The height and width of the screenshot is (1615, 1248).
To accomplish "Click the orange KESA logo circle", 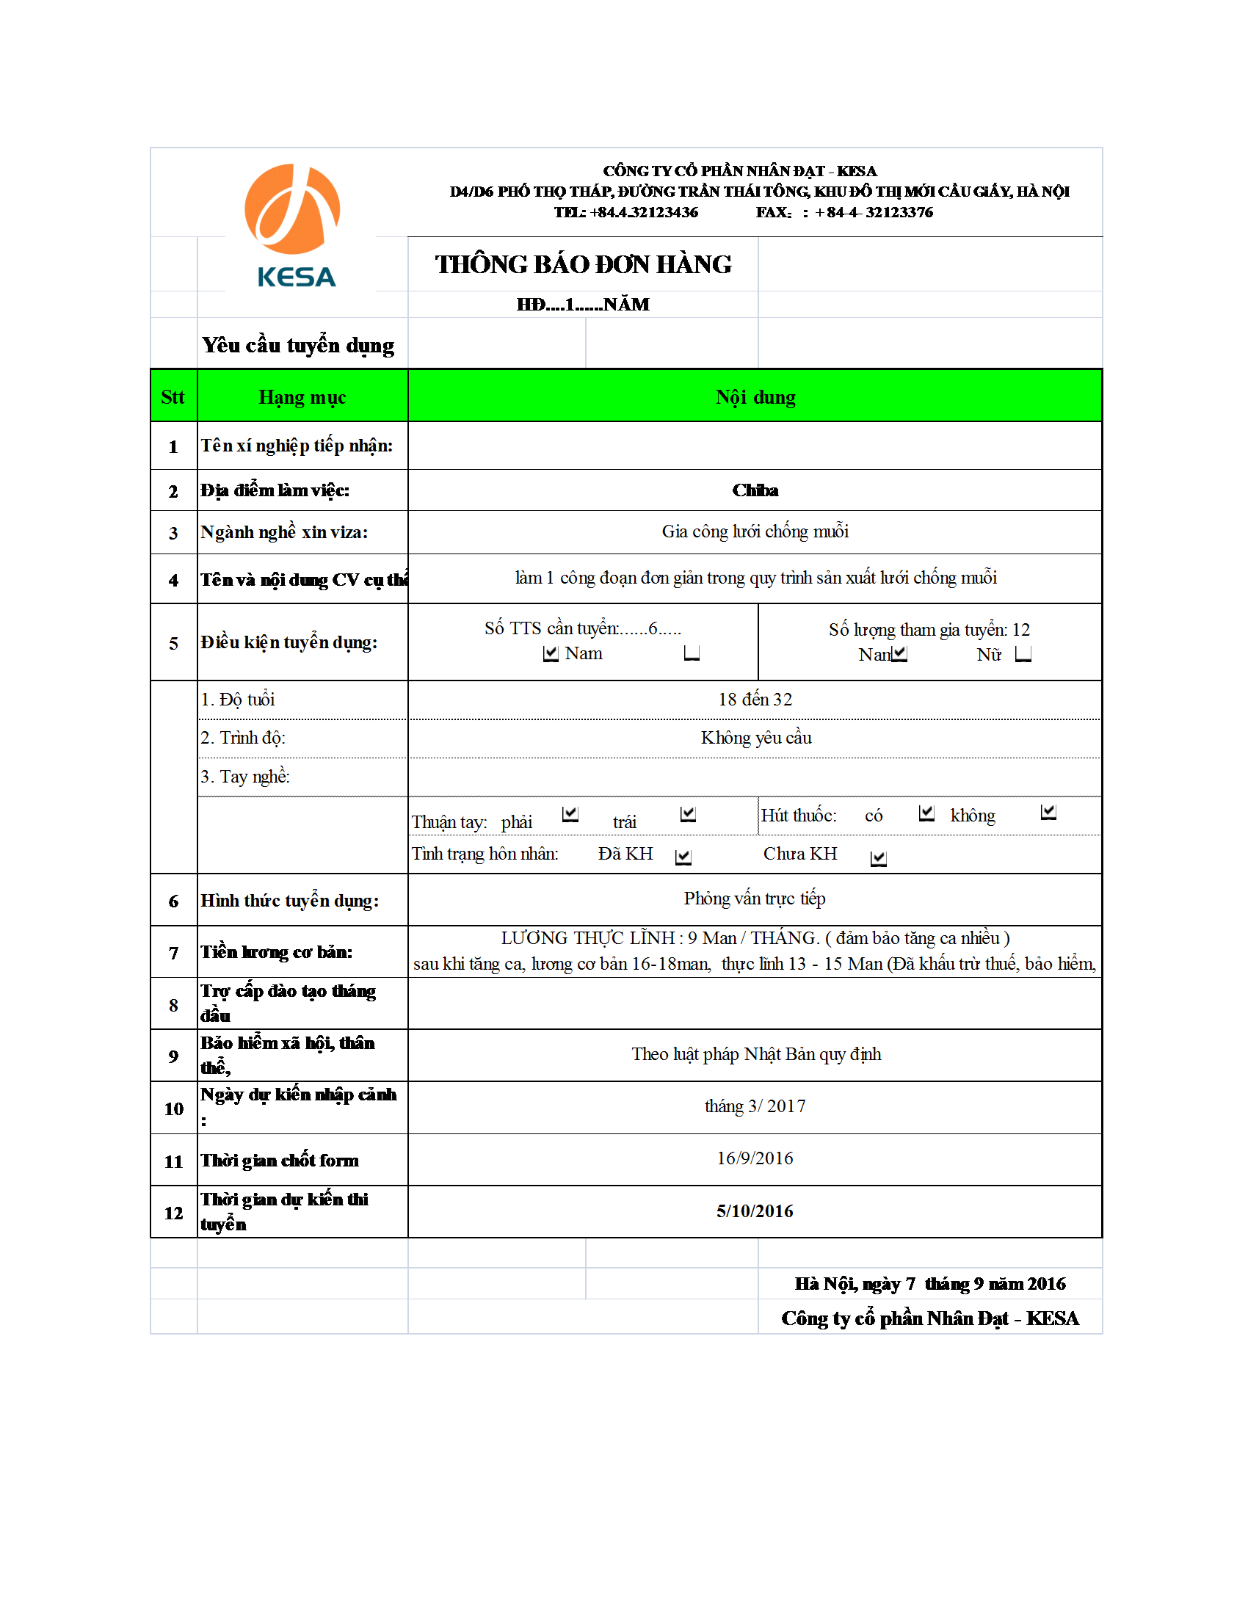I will pyautogui.click(x=292, y=208).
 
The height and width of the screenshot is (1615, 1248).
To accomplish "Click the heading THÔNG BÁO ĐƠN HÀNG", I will pyautogui.click(x=583, y=265).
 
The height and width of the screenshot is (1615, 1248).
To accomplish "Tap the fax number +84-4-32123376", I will pyautogui.click(x=874, y=213).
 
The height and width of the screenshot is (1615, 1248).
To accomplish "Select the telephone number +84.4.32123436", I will pyautogui.click(x=644, y=213).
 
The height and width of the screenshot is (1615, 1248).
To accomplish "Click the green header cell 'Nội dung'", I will pyautogui.click(x=755, y=397).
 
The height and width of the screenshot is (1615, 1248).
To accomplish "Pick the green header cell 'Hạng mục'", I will pyautogui.click(x=302, y=397).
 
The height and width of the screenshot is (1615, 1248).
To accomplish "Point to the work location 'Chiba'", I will pyautogui.click(x=755, y=490).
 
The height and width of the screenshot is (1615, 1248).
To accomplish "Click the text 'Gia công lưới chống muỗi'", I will pyautogui.click(x=755, y=531).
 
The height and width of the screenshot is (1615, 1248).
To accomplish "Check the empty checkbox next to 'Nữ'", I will pyautogui.click(x=1023, y=653).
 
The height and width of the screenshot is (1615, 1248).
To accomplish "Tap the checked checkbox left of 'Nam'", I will pyautogui.click(x=551, y=653).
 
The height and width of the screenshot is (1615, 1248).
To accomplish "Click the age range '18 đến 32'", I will pyautogui.click(x=755, y=700).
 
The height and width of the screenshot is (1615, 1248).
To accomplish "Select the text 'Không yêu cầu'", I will pyautogui.click(x=755, y=738).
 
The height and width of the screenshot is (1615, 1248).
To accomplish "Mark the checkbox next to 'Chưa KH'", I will pyautogui.click(x=878, y=857).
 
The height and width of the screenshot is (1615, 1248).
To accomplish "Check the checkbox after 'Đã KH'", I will pyautogui.click(x=683, y=856).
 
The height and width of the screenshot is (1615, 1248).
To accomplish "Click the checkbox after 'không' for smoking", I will pyautogui.click(x=1048, y=813).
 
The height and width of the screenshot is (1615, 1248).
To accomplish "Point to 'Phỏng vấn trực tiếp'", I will pyautogui.click(x=754, y=899).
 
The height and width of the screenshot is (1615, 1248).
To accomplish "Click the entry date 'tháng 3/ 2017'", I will pyautogui.click(x=755, y=1106).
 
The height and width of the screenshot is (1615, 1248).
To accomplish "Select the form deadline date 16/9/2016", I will pyautogui.click(x=755, y=1158).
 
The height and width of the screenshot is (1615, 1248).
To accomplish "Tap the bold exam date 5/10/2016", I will pyautogui.click(x=755, y=1211).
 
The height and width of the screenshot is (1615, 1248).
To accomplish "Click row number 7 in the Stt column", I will pyautogui.click(x=174, y=953).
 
